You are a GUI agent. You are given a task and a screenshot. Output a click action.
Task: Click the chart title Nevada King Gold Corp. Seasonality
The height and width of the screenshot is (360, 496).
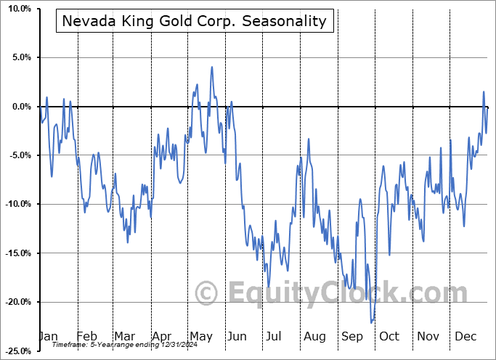pyautogui.click(x=195, y=21)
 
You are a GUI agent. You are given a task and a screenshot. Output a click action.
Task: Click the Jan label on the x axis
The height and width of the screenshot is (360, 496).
pyautogui.click(x=48, y=337)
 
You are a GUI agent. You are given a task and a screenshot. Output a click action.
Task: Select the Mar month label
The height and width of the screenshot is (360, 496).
pyautogui.click(x=124, y=337)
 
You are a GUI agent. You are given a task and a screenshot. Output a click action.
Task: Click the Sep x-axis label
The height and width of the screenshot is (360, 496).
pyautogui.click(x=351, y=337)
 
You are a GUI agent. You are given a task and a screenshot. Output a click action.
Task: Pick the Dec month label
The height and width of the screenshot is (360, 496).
pyautogui.click(x=465, y=337)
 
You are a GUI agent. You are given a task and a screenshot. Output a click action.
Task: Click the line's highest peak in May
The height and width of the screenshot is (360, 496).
pyautogui.click(x=212, y=67)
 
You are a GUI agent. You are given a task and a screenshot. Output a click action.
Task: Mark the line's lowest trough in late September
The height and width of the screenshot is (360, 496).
pyautogui.click(x=372, y=322)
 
